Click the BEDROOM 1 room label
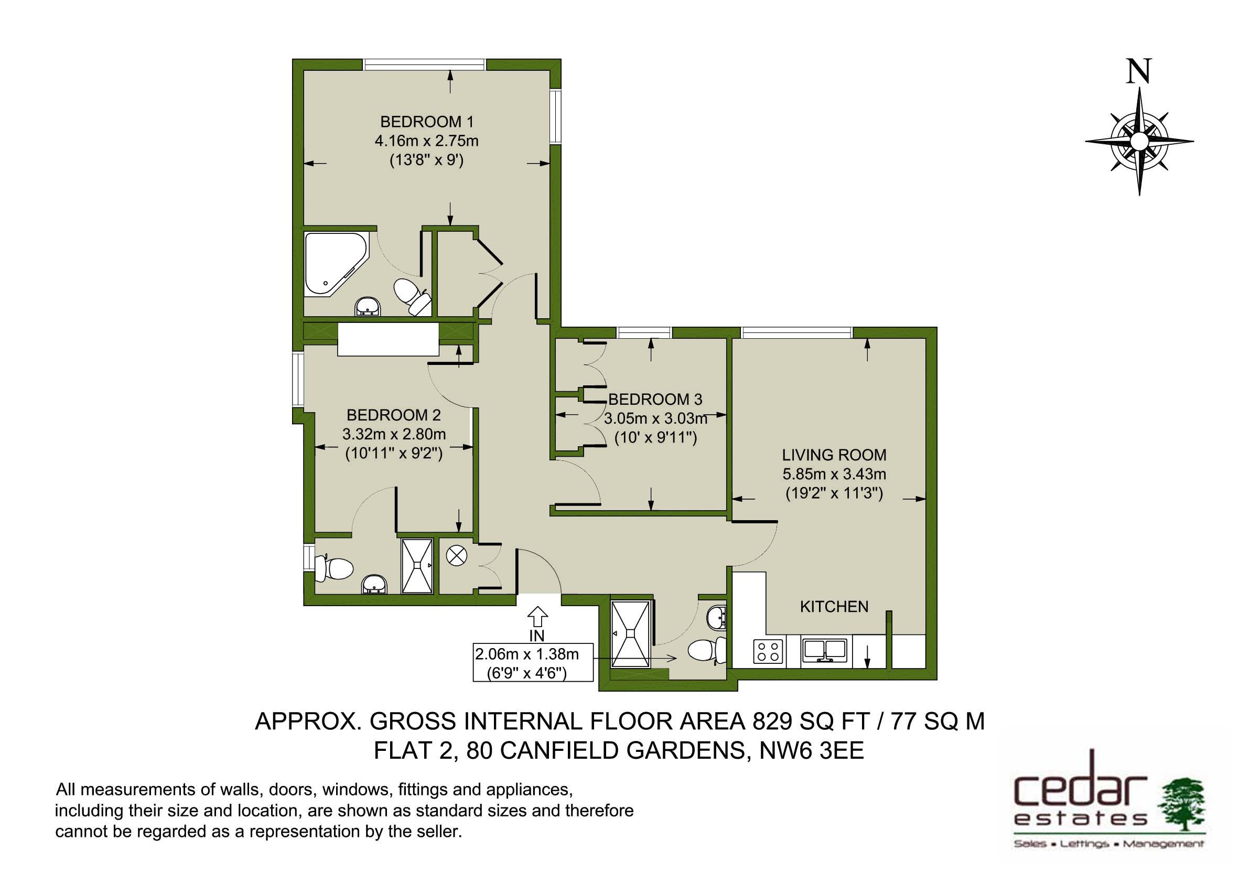(x=427, y=122)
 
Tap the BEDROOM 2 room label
(x=394, y=415)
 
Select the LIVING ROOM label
(x=834, y=455)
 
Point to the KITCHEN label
(x=834, y=607)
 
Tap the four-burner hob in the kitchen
(x=768, y=652)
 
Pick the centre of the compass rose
(x=1139, y=141)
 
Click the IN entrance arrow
(x=537, y=616)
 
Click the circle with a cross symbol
(x=457, y=556)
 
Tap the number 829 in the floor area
(x=772, y=722)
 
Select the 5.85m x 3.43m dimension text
(x=834, y=474)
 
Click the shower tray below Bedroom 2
(x=417, y=566)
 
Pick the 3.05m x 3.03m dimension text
(x=655, y=418)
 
